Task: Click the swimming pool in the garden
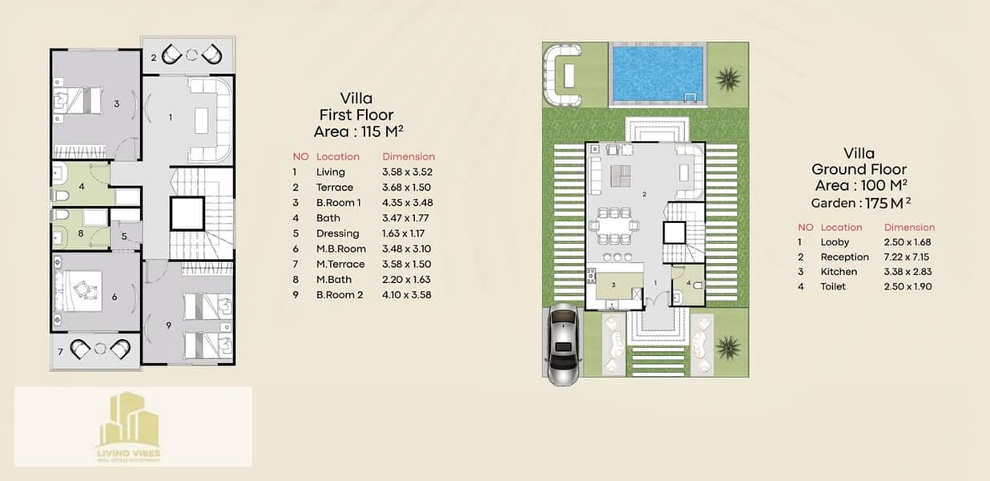658,74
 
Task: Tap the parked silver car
563,343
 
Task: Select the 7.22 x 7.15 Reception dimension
907,257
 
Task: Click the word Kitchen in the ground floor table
839,272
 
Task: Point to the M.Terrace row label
340,265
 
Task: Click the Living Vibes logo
129,427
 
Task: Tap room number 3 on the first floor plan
117,103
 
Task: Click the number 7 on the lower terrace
60,352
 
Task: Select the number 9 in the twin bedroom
168,325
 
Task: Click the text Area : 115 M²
358,131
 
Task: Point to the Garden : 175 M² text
860,203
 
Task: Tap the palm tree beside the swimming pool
727,79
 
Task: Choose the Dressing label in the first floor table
338,233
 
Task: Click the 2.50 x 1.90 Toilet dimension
907,287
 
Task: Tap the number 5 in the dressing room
124,236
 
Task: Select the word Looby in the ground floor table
835,242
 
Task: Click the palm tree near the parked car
727,347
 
